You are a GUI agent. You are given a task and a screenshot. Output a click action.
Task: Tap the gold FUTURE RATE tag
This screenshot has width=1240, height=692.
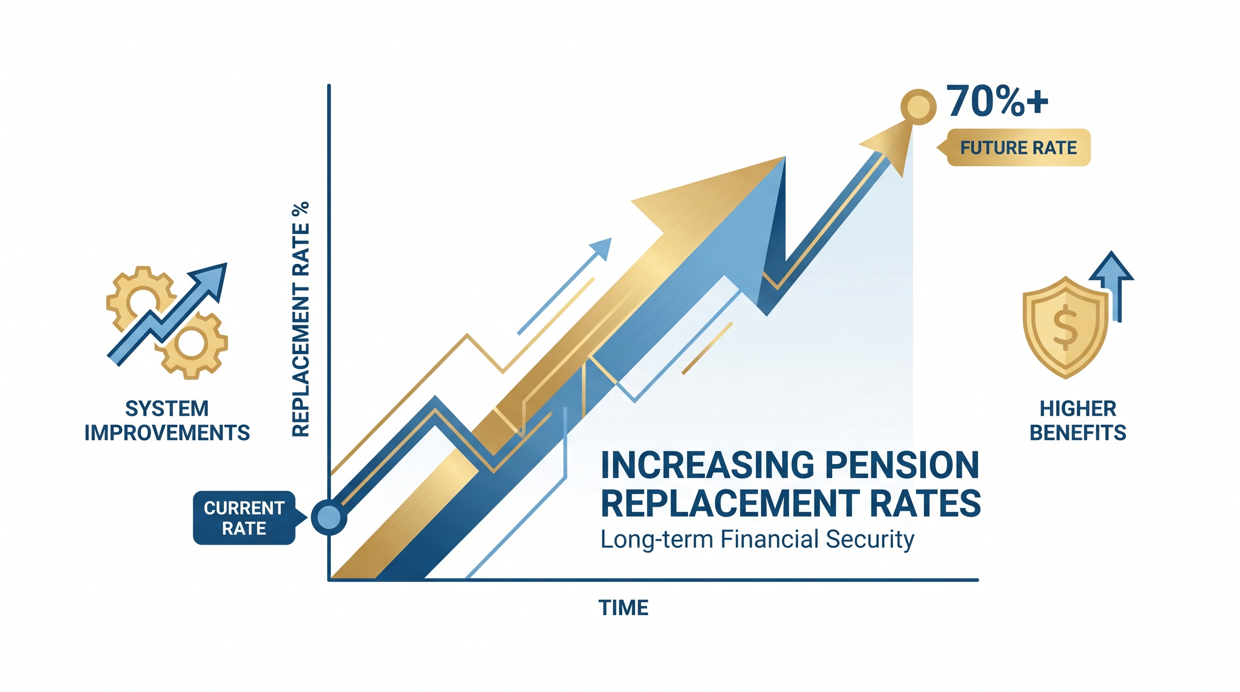(1014, 147)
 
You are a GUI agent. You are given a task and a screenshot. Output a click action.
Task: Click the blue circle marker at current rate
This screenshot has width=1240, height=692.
(329, 517)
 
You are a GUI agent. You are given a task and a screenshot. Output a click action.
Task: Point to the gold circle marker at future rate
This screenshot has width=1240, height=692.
(918, 107)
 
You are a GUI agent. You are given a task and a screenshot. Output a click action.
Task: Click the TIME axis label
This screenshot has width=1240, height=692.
(623, 608)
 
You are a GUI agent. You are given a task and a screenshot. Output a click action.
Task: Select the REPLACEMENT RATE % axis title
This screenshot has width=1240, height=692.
(301, 319)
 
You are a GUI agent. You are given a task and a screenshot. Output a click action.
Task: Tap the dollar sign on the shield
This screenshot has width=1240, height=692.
(1065, 327)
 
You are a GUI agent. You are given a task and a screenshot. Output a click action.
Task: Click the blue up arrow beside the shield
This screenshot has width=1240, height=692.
(1112, 287)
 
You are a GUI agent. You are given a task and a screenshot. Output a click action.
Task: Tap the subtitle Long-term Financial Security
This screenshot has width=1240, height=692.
(757, 539)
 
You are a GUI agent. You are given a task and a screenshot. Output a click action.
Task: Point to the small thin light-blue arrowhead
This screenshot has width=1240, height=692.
(602, 247)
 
